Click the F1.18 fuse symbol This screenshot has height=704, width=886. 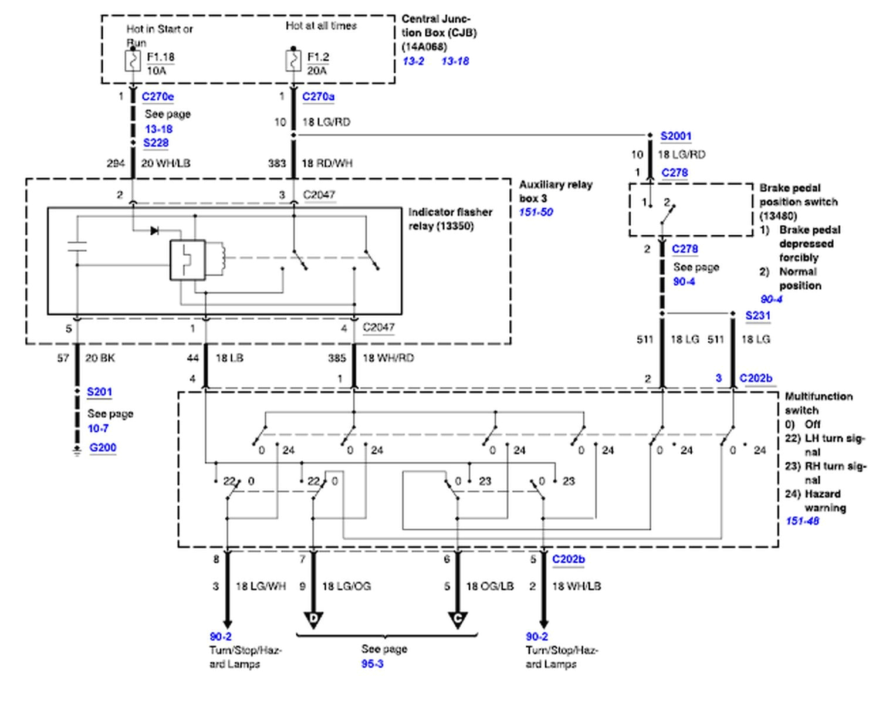click(x=133, y=60)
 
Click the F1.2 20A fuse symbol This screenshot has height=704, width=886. click(x=293, y=60)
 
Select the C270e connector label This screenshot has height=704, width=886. click(x=157, y=97)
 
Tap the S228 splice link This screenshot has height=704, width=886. click(x=155, y=143)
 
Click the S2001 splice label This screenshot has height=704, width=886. click(x=676, y=136)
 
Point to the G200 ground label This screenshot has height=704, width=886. click(x=103, y=448)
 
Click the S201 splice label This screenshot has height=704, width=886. click(x=99, y=392)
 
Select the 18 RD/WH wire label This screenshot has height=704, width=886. click(x=327, y=163)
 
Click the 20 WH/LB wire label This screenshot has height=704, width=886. click(x=165, y=163)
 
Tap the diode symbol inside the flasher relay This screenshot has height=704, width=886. click(x=154, y=231)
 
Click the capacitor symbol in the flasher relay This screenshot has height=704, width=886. click(x=77, y=246)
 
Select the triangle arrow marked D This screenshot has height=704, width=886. click(x=313, y=620)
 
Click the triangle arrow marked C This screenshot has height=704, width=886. click(x=458, y=620)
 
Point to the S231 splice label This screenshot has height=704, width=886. click(x=758, y=316)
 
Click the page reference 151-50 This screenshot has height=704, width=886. click(x=536, y=212)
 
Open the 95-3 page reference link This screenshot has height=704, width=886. click(x=372, y=664)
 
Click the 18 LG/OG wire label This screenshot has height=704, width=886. click(x=346, y=586)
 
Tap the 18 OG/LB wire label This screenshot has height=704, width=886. click(x=490, y=586)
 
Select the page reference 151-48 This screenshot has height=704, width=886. click(x=802, y=521)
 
